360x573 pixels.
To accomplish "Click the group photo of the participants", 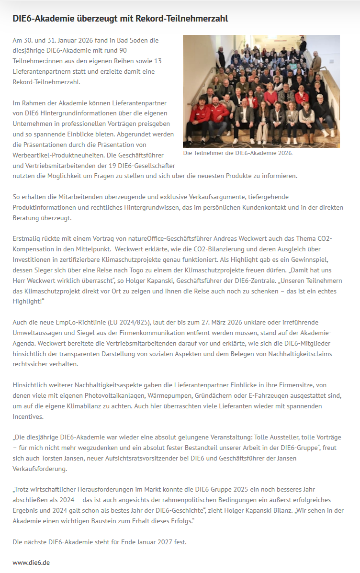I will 261,91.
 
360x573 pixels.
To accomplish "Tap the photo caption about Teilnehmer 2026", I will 237,154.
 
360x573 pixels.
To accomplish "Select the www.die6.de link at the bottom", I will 31,562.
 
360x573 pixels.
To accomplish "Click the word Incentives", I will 28,416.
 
